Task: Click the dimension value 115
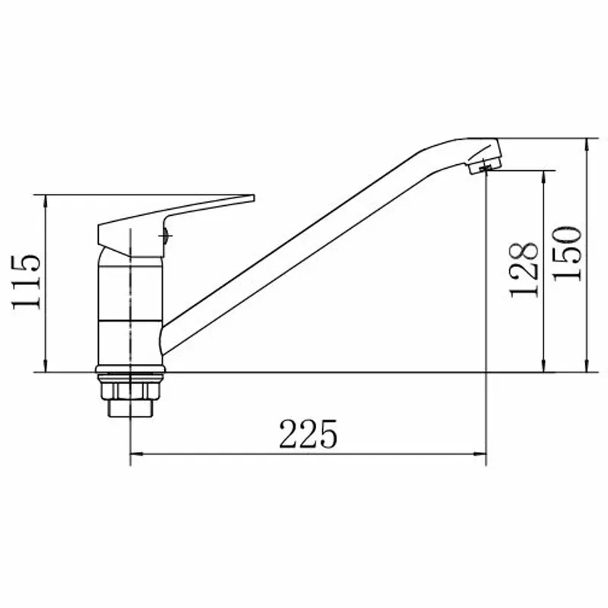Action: click(26, 282)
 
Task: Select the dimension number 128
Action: click(524, 270)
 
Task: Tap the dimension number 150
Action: click(567, 254)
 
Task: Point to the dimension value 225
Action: click(309, 434)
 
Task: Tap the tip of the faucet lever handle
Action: click(254, 198)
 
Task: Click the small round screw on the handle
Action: click(166, 236)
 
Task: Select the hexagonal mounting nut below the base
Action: click(130, 391)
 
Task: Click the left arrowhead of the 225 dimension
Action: click(135, 454)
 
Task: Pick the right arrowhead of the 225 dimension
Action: click(481, 454)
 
